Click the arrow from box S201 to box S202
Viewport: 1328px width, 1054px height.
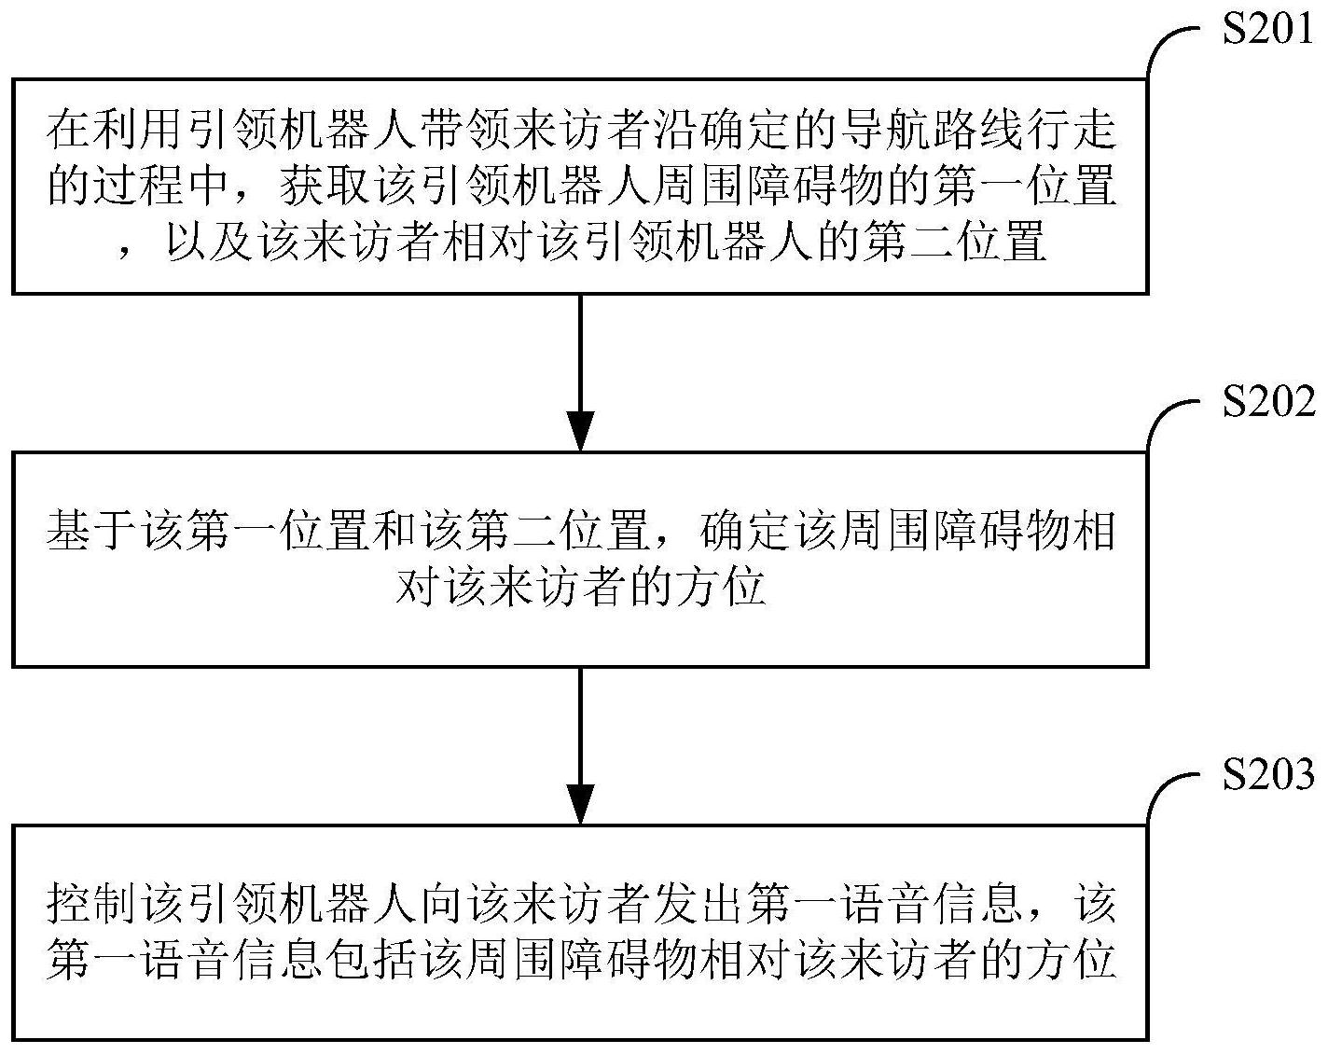[580, 372]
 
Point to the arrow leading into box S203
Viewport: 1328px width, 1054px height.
[580, 745]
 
